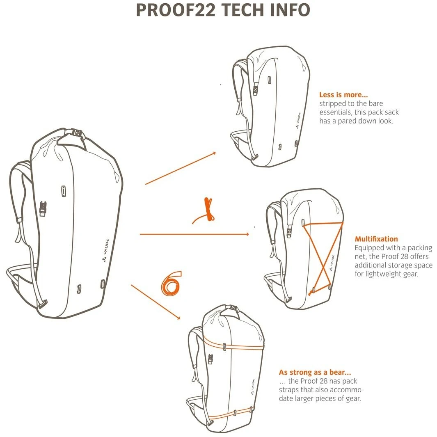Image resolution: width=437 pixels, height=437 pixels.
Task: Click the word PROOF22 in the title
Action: point(176,10)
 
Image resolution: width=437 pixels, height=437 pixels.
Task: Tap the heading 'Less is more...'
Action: point(343,95)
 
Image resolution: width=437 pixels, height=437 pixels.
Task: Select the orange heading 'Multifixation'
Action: point(376,239)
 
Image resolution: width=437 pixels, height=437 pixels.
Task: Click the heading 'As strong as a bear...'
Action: point(315,372)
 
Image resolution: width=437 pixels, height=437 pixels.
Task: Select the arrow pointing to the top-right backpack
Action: point(181,168)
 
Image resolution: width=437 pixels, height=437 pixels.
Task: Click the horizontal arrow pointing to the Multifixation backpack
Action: point(194,234)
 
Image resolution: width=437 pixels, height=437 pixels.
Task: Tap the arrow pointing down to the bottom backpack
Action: point(156,302)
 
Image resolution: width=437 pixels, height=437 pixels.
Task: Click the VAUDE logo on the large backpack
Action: point(105,250)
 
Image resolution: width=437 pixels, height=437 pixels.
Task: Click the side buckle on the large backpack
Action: point(43,208)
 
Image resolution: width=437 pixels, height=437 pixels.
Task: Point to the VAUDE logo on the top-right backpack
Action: point(298,120)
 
